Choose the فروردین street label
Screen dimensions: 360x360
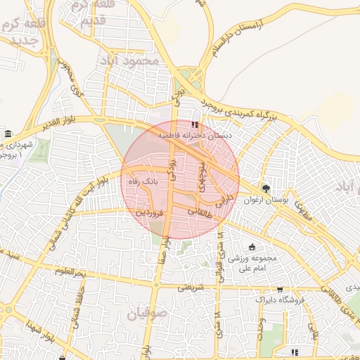tap(150, 210)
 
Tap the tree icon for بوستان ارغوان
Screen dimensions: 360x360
tap(266, 188)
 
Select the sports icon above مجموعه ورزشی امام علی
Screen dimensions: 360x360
tap(252, 247)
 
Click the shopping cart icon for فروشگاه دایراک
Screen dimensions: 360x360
tap(280, 289)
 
